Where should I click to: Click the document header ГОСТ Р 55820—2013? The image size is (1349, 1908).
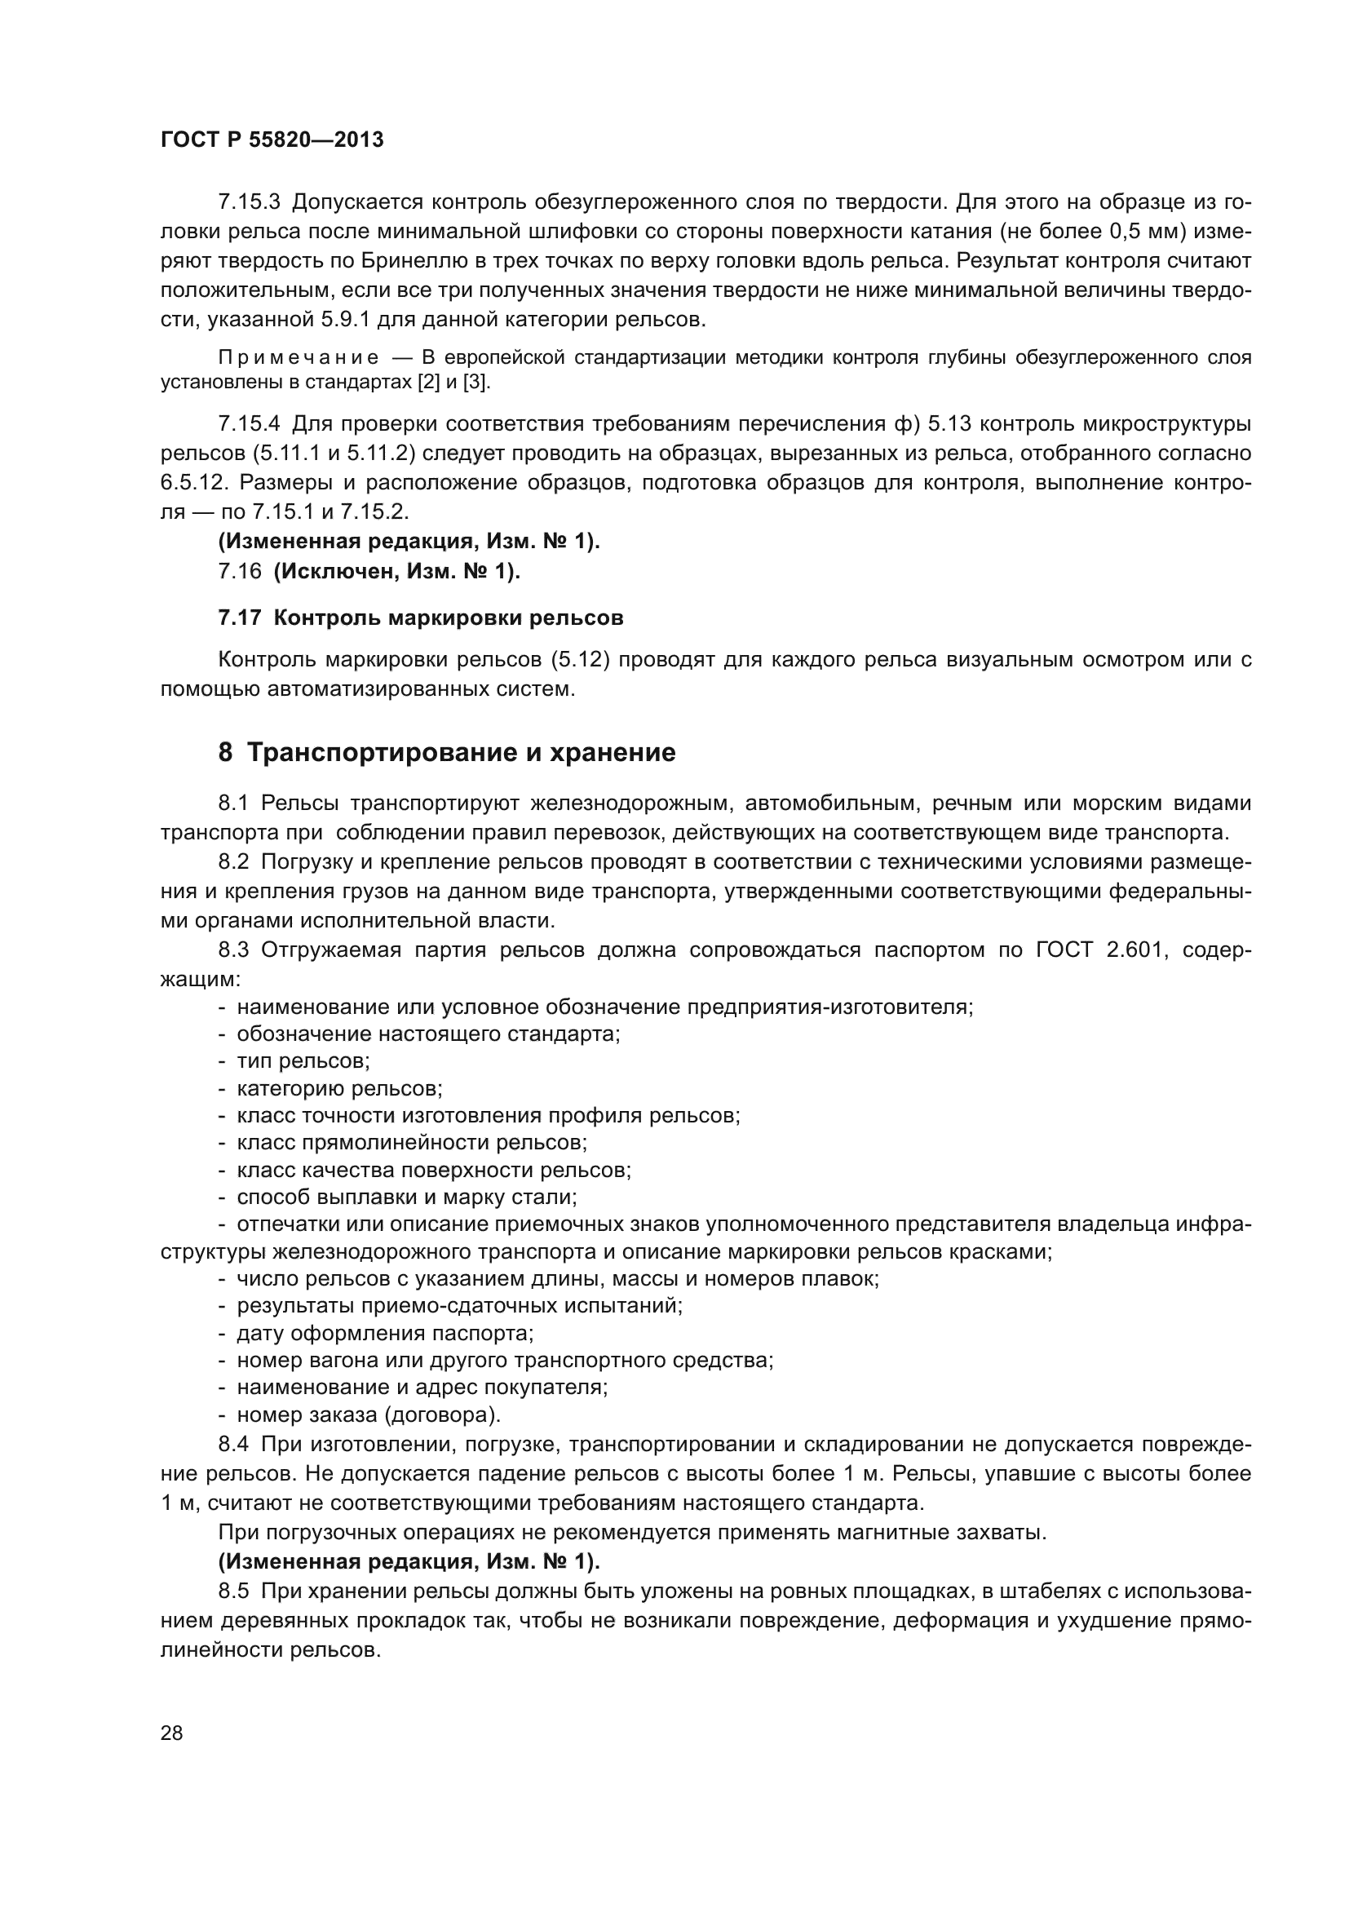[x=272, y=139]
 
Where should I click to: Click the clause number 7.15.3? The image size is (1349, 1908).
[x=250, y=202]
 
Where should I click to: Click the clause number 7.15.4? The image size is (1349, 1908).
[x=250, y=424]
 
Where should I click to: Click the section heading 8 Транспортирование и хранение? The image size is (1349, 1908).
[x=447, y=753]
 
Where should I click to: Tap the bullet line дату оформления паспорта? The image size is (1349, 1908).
[x=385, y=1334]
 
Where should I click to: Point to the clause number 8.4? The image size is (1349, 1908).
[x=232, y=1445]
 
